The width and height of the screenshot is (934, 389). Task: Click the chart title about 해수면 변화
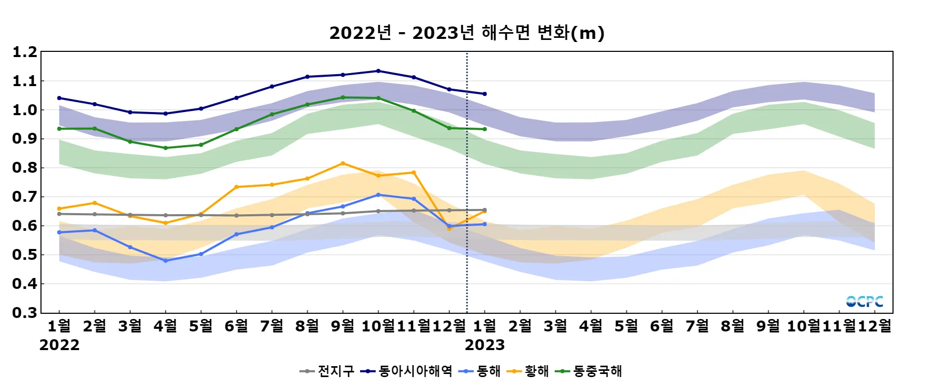click(x=466, y=33)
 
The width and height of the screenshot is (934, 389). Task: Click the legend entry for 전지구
click(x=327, y=371)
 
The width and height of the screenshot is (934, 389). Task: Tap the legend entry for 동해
click(x=480, y=371)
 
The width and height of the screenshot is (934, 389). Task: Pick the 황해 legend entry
click(x=529, y=371)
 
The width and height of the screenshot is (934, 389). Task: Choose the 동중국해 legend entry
click(x=588, y=371)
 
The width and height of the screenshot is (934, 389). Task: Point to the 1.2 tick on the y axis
click(x=25, y=52)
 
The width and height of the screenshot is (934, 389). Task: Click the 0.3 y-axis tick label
click(x=25, y=313)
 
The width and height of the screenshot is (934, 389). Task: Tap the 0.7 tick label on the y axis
click(x=25, y=197)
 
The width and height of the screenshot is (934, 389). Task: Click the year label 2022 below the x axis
click(x=59, y=345)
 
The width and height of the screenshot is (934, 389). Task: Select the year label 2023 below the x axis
click(x=485, y=345)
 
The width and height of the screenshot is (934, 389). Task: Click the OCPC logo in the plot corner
click(x=864, y=301)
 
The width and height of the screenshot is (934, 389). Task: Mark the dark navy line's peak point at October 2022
click(x=378, y=71)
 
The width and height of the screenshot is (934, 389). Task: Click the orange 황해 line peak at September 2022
click(x=342, y=163)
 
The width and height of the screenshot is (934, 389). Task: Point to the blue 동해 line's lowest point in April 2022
click(x=166, y=261)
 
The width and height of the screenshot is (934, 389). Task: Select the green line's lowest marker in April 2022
click(x=166, y=148)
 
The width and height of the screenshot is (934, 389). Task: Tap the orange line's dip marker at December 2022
click(x=449, y=229)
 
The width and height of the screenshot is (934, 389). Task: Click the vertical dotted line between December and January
click(x=467, y=182)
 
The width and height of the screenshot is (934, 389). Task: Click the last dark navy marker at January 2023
click(x=485, y=94)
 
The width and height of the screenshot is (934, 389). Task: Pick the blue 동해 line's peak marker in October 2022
click(x=378, y=195)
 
